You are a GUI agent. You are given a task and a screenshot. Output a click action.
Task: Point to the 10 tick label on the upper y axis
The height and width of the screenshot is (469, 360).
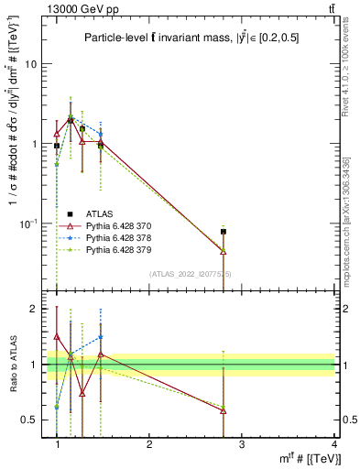pyautogui.click(x=30, y=65)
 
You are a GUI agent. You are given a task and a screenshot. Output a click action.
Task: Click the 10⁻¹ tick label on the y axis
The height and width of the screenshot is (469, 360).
pyautogui.click(x=28, y=224)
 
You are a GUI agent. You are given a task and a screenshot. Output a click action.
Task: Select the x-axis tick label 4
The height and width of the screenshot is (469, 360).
pyautogui.click(x=333, y=443)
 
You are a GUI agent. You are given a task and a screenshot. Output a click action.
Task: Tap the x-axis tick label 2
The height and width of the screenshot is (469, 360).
pyautogui.click(x=149, y=443)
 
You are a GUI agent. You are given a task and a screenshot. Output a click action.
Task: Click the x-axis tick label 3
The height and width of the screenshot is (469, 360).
pyautogui.click(x=242, y=443)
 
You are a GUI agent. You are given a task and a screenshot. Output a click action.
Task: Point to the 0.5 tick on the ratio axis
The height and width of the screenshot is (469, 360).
pyautogui.click(x=29, y=420)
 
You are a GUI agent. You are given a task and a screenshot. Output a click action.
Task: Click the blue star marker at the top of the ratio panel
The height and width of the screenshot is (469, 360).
pyautogui.click(x=101, y=337)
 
